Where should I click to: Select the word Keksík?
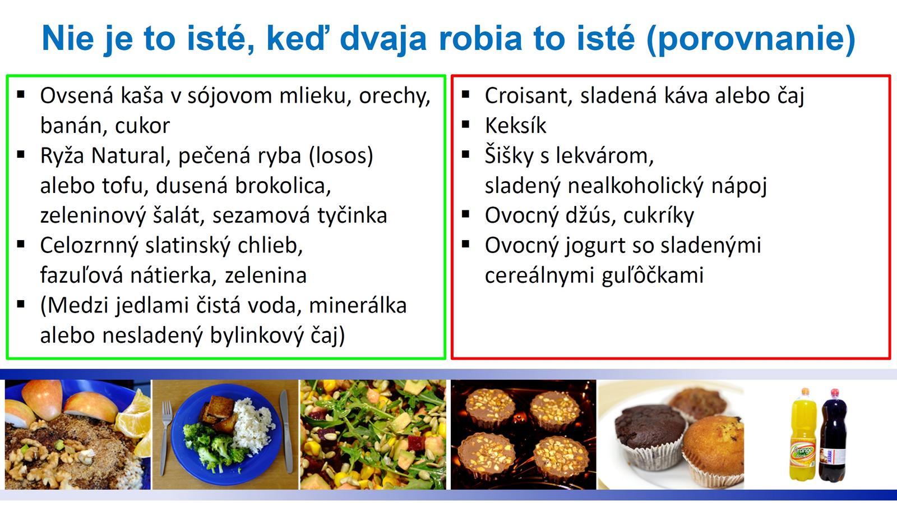tap(515, 126)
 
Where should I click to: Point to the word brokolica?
tap(283, 186)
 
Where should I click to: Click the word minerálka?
tap(358, 305)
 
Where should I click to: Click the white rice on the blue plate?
tap(252, 425)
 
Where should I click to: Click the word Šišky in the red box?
tap(508, 155)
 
